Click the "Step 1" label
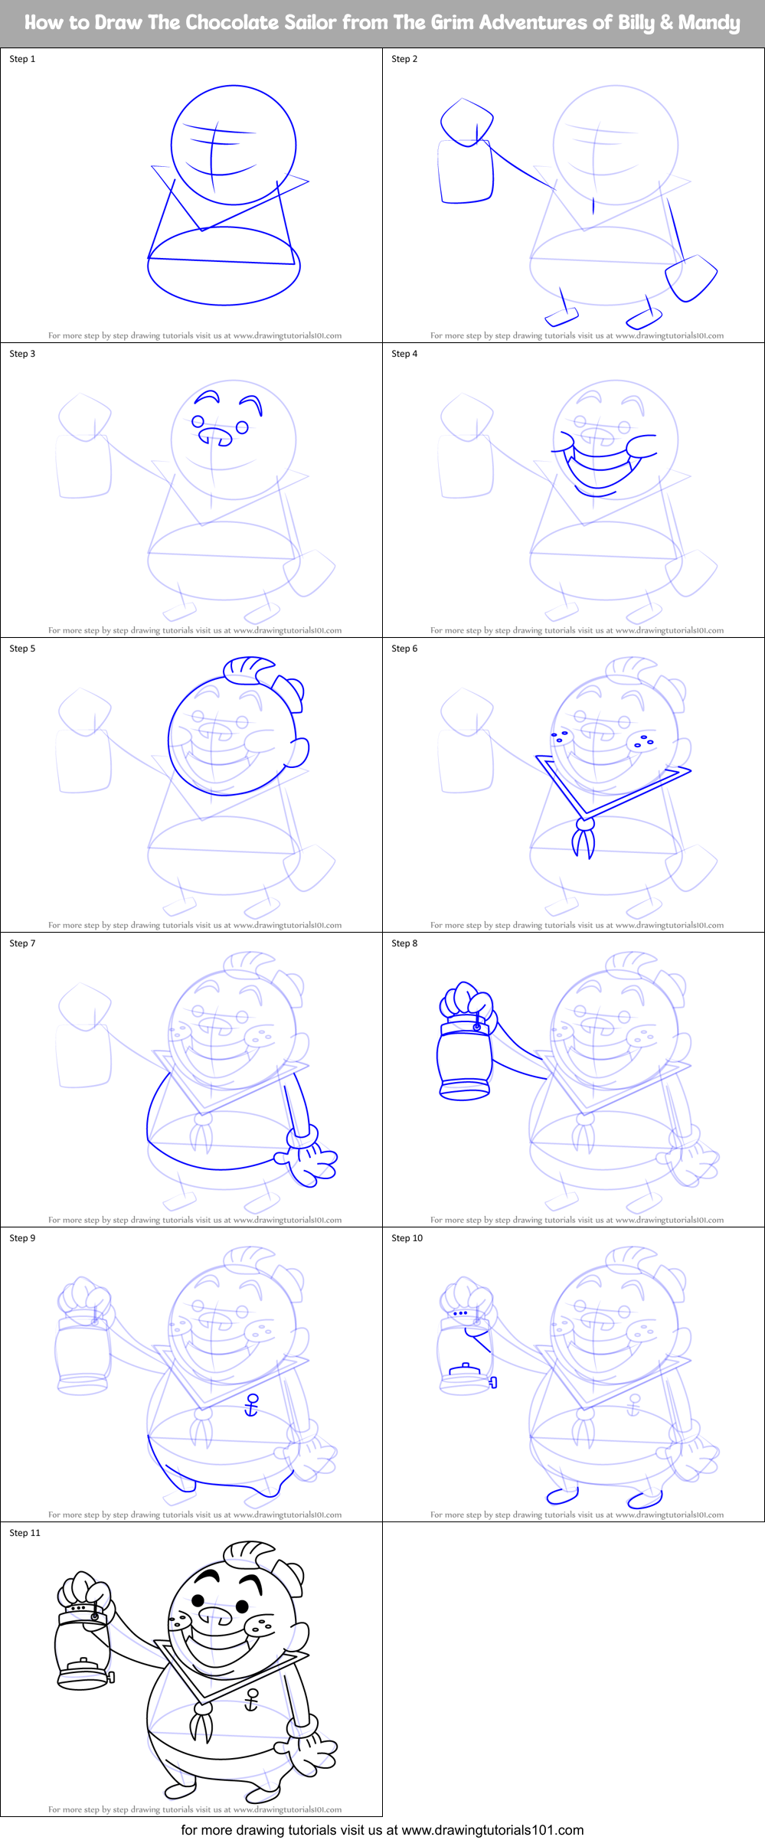(22, 59)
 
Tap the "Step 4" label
(404, 354)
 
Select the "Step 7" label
(22, 943)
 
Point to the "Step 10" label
(407, 1238)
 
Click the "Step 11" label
(25, 1533)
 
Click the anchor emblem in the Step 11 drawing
(250, 1700)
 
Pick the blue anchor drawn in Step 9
(251, 1405)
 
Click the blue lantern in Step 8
(464, 1057)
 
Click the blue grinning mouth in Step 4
(601, 467)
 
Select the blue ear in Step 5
(297, 752)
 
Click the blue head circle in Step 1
(233, 145)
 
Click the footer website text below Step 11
(382, 1830)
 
